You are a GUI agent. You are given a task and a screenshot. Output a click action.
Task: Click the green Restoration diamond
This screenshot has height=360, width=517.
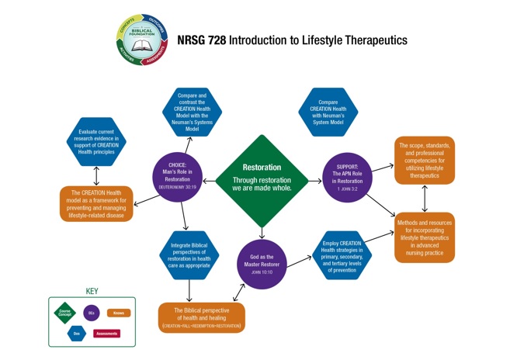point(262,181)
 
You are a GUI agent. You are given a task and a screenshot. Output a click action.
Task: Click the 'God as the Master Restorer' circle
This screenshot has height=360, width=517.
point(262,264)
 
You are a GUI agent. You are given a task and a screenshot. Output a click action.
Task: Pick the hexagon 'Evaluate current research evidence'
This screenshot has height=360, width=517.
point(96,142)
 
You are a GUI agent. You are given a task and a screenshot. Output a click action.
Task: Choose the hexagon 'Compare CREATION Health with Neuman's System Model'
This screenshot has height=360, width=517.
point(328,112)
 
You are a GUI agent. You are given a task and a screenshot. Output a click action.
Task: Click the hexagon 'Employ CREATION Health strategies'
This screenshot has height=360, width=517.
point(342,255)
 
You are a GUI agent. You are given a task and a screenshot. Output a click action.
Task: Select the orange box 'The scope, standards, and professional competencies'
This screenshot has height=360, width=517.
point(424,160)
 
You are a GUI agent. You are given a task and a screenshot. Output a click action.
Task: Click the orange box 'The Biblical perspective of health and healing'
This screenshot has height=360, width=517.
point(202,317)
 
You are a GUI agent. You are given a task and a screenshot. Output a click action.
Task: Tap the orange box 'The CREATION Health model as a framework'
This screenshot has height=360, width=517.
point(96,203)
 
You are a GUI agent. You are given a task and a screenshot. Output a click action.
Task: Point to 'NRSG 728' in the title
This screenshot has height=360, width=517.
point(201,40)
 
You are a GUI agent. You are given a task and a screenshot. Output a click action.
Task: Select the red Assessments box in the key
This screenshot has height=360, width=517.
point(107,334)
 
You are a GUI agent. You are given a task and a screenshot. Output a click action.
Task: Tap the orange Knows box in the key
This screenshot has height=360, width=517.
point(118,313)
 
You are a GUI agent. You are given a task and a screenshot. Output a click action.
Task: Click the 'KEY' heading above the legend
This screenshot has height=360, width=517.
point(91,292)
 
